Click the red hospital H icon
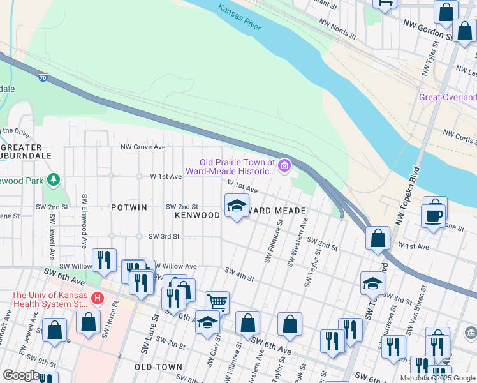97,298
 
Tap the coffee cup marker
433,215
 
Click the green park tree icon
54,181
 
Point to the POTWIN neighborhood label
129,207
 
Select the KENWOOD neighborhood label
198,216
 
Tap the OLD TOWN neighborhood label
158,368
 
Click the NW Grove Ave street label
143,147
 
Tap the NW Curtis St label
460,137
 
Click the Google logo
21,375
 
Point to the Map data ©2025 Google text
437,378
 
